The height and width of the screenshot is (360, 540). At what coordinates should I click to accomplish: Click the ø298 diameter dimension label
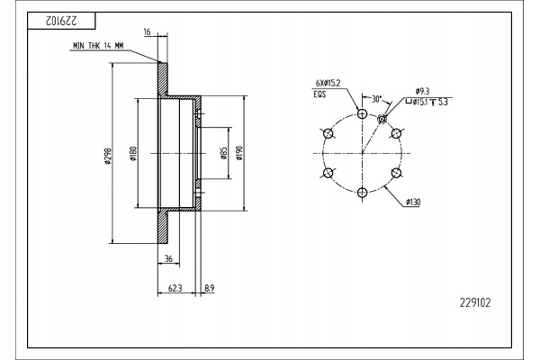click(x=108, y=156)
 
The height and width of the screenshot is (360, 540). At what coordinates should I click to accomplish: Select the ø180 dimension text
click(x=133, y=154)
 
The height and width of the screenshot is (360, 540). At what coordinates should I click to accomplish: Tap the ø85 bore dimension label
click(x=224, y=153)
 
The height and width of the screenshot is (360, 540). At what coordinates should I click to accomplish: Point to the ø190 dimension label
click(x=239, y=153)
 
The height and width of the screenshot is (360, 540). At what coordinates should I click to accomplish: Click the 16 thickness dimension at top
click(x=147, y=32)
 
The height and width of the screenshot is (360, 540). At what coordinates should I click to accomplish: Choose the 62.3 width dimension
click(x=175, y=288)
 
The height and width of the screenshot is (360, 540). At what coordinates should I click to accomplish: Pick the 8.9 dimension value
click(x=210, y=288)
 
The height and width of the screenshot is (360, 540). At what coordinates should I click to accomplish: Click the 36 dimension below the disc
click(x=168, y=258)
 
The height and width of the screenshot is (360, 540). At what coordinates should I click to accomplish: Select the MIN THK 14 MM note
click(x=98, y=46)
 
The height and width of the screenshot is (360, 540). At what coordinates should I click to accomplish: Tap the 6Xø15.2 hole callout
click(x=328, y=83)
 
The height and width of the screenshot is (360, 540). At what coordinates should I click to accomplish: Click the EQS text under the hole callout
click(x=319, y=94)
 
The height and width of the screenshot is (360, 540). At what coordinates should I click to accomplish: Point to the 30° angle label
click(x=376, y=99)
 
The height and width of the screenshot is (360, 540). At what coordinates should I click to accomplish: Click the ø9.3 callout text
click(x=423, y=91)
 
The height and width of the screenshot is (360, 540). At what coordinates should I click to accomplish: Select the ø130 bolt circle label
click(x=413, y=202)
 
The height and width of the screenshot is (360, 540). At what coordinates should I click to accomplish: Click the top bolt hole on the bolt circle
click(x=363, y=113)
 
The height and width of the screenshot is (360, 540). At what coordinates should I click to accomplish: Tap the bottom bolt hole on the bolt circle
click(x=363, y=193)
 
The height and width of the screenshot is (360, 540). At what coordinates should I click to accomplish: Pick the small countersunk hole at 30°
click(x=382, y=119)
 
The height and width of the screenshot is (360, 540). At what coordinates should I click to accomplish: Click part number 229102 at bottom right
click(x=475, y=302)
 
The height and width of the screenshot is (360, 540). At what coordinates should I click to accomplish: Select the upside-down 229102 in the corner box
click(x=61, y=21)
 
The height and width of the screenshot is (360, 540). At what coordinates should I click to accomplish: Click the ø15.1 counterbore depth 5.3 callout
click(x=427, y=103)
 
